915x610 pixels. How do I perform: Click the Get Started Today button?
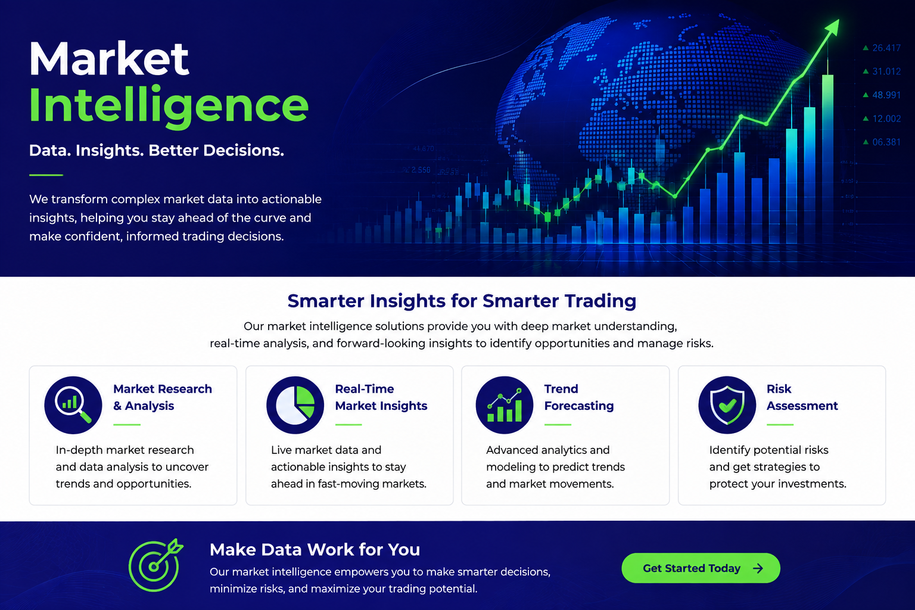701,568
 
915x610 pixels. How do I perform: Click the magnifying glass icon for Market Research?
73,405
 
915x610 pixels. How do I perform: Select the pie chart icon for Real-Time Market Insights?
295,405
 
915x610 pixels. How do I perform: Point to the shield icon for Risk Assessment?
727,405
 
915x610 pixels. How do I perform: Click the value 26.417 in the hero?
886,48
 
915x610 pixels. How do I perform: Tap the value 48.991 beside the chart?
886,95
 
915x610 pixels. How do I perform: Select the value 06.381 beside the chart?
886,142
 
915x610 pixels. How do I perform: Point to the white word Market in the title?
109,58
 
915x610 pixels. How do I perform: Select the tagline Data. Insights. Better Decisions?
157,150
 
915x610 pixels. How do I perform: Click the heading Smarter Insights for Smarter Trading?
462,301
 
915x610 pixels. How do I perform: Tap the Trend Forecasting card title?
579,397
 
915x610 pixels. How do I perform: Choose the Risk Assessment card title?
802,397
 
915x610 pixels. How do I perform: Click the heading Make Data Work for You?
315,549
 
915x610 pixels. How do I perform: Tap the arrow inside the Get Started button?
758,568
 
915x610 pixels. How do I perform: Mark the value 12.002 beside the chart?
886,119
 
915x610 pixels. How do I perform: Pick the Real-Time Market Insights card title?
381,397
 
